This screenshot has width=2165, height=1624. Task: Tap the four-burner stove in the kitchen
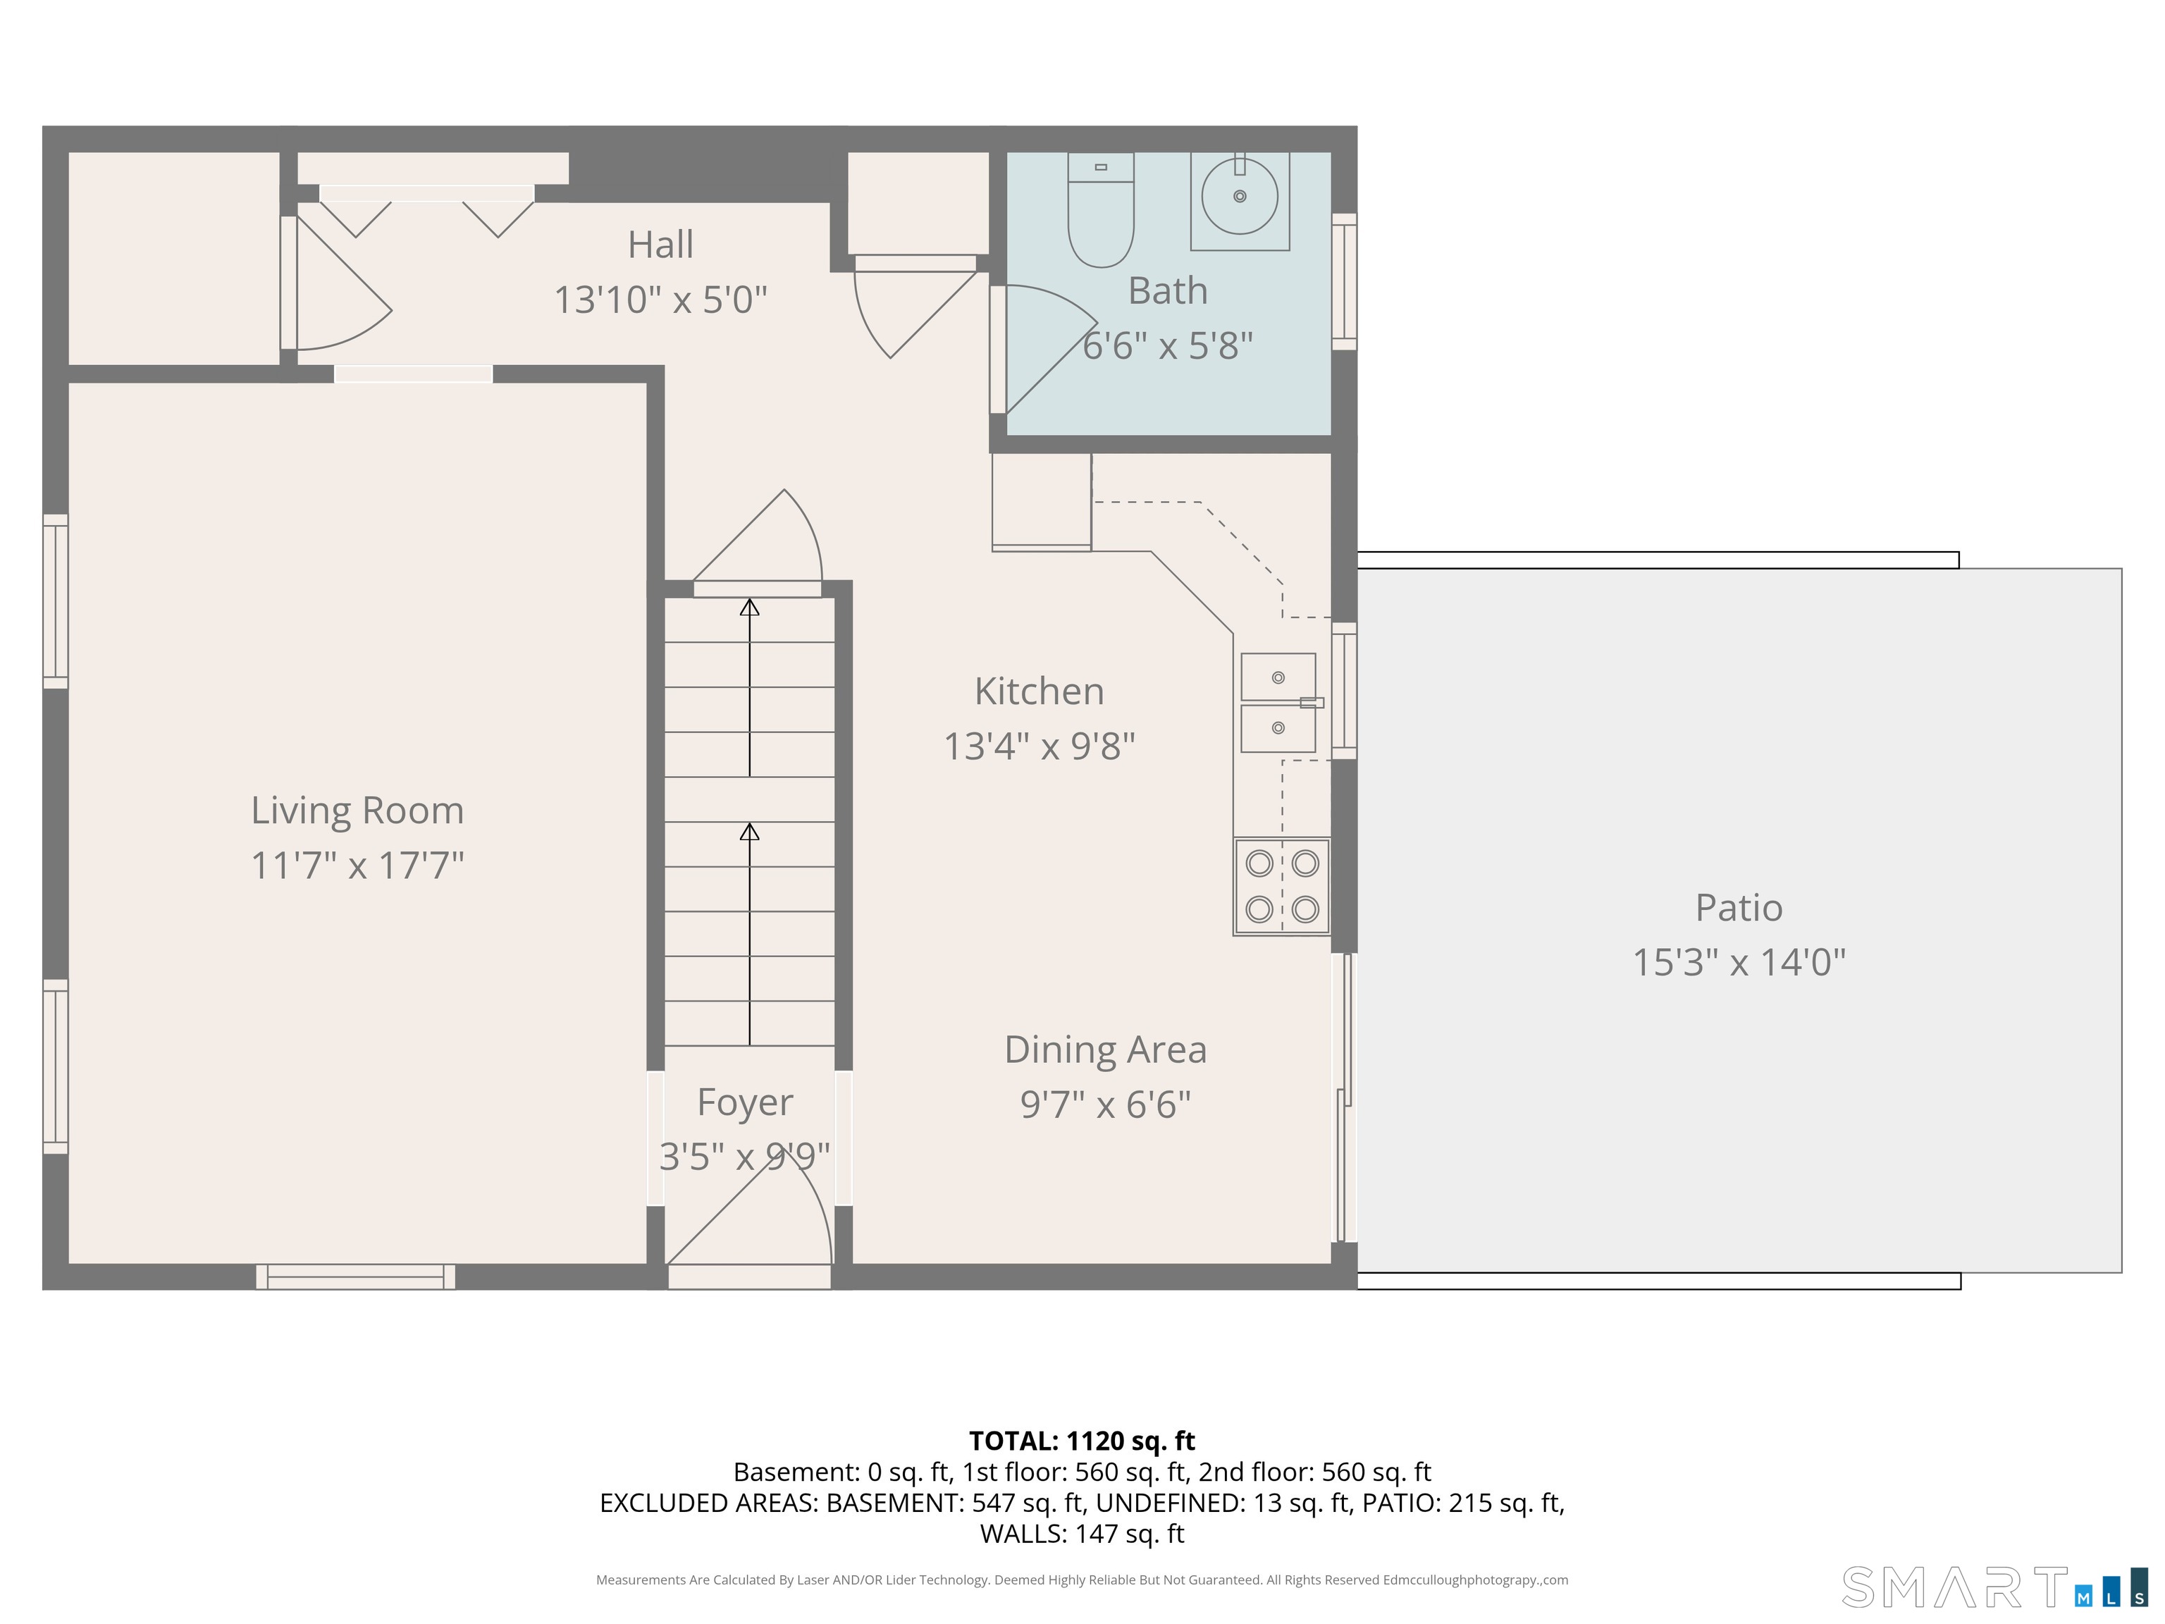point(1282,887)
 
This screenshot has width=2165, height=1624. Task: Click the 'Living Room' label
point(357,811)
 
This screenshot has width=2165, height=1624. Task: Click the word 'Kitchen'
point(1040,691)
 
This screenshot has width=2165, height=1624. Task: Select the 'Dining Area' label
point(1106,1050)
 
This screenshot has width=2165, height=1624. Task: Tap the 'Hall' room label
point(660,245)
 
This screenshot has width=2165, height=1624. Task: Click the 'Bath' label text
point(1168,290)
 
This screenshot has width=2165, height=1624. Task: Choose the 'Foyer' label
point(745,1103)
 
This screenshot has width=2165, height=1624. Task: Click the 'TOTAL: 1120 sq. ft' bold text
point(1082,1441)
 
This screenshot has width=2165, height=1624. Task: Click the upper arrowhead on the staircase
point(750,607)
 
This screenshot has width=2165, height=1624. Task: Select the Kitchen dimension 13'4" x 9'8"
point(1040,746)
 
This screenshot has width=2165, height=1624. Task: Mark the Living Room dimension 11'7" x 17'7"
point(357,866)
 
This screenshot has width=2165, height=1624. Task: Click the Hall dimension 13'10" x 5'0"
point(660,300)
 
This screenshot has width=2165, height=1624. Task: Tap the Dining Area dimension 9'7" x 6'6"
point(1106,1105)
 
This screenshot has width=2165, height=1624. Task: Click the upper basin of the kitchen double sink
point(1278,677)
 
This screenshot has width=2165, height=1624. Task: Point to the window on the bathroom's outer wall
point(1345,282)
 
